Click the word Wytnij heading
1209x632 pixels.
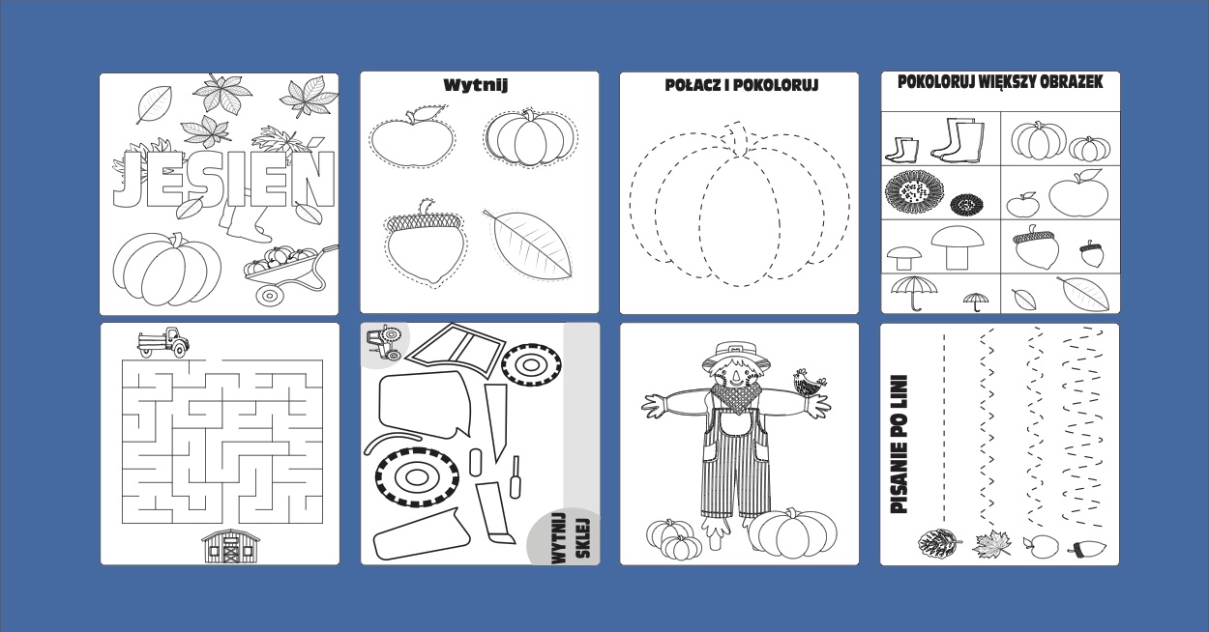tap(476, 85)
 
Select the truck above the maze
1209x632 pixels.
tap(163, 342)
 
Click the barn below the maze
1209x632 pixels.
tap(230, 546)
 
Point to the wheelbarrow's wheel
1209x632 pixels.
tap(270, 295)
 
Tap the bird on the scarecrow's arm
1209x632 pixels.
tap(808, 384)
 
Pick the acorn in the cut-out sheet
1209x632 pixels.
tap(425, 242)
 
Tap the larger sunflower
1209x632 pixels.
tap(914, 191)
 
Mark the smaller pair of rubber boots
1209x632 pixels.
tap(900, 151)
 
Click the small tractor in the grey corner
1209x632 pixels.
tap(384, 342)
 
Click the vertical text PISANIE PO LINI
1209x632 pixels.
tap(899, 445)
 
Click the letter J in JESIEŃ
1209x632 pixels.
tap(129, 180)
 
